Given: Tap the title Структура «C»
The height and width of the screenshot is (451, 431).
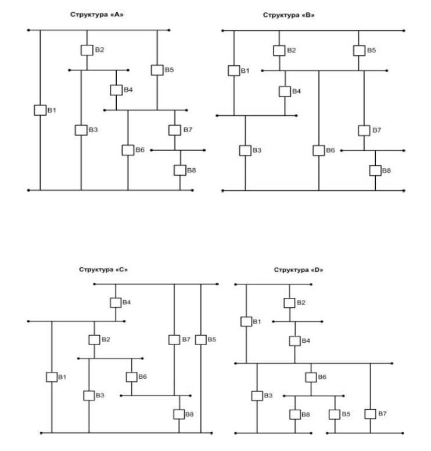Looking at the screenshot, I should (103, 270).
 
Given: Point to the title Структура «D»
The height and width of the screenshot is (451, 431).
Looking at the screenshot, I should (298, 270).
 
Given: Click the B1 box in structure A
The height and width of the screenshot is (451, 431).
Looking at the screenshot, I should (39, 110).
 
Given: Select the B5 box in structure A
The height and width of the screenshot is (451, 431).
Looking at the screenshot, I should (157, 70).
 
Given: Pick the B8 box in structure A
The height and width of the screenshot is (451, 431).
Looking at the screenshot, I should (180, 170).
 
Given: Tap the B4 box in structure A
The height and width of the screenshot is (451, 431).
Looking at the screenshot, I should (116, 90).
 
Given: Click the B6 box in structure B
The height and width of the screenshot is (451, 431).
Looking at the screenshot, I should (318, 150).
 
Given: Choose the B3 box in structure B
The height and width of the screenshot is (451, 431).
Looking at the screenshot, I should (245, 150).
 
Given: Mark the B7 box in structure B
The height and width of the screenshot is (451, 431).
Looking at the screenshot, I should (364, 130).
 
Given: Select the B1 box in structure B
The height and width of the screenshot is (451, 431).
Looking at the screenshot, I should (234, 71).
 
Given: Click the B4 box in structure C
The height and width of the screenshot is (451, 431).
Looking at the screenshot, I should (116, 303).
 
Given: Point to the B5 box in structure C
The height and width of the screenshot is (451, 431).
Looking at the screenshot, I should (201, 339).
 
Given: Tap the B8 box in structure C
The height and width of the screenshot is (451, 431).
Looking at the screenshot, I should (179, 414).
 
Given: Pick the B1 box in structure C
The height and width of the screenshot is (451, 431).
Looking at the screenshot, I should (51, 377).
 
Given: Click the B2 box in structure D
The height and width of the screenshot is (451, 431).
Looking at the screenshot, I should (289, 303).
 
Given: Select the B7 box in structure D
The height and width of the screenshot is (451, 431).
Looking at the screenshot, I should (370, 414).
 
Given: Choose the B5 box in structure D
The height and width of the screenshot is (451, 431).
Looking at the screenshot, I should (334, 414).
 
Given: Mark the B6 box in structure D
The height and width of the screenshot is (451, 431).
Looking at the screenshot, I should (311, 377).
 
